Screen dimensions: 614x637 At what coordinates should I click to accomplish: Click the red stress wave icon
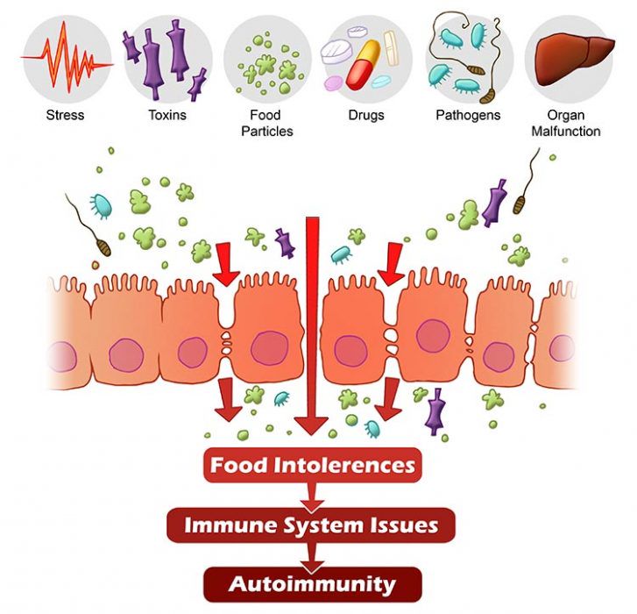(x=67, y=59)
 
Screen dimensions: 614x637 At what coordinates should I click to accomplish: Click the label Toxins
(x=166, y=115)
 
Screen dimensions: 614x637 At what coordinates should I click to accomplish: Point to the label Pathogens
(x=468, y=115)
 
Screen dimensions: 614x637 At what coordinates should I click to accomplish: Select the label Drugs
(x=367, y=115)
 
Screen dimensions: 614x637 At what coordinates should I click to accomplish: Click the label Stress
(x=67, y=115)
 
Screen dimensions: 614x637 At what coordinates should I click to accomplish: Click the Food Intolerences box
(x=312, y=464)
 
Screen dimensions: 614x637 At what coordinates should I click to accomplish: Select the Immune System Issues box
(x=312, y=525)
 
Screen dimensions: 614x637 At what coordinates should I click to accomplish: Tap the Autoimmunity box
(x=312, y=583)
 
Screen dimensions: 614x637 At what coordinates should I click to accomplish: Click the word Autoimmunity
(x=312, y=583)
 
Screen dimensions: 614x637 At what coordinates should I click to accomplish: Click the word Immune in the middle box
(x=222, y=525)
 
